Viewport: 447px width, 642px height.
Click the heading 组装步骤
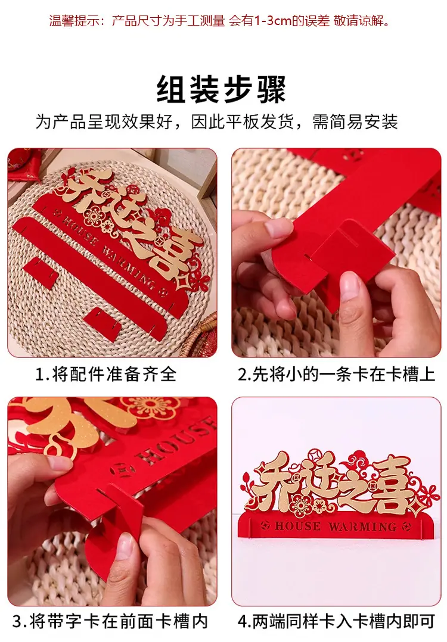[221, 89]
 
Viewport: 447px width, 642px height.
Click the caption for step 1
[106, 374]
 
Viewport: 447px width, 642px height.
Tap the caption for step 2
[336, 374]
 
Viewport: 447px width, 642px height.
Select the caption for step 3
[110, 622]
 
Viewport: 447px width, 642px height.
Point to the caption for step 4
[336, 622]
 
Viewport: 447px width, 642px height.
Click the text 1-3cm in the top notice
[272, 20]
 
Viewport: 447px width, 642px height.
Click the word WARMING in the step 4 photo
[362, 526]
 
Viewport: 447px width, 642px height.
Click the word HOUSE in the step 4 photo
[298, 526]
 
